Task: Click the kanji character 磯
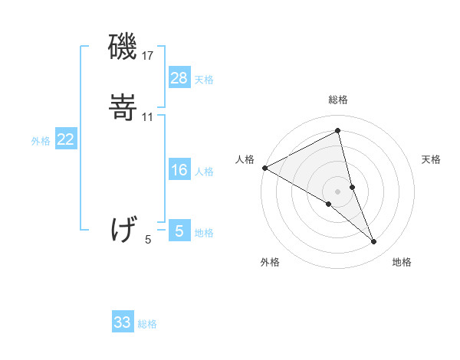pyautogui.click(x=123, y=48)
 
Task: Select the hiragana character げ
pyautogui.click(x=123, y=228)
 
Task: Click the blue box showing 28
pyautogui.click(x=179, y=78)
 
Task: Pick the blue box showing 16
pyautogui.click(x=179, y=170)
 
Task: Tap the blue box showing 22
pyautogui.click(x=66, y=139)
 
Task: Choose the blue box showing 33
pyautogui.click(x=123, y=322)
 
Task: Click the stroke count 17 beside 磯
pyautogui.click(x=148, y=56)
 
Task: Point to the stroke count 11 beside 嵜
pyautogui.click(x=148, y=117)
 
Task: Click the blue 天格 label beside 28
pyautogui.click(x=204, y=80)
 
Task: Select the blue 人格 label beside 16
pyautogui.click(x=204, y=172)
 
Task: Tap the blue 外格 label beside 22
pyautogui.click(x=41, y=141)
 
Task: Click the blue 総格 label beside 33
pyautogui.click(x=147, y=324)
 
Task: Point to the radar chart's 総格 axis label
pyautogui.click(x=337, y=100)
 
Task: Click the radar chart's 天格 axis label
pyautogui.click(x=431, y=159)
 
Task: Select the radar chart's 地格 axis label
pyautogui.click(x=402, y=262)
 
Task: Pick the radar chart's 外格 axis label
pyautogui.click(x=270, y=262)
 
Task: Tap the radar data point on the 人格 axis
pyautogui.click(x=264, y=168)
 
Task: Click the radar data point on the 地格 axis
pyautogui.click(x=374, y=242)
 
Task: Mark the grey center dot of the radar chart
pyautogui.click(x=337, y=191)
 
